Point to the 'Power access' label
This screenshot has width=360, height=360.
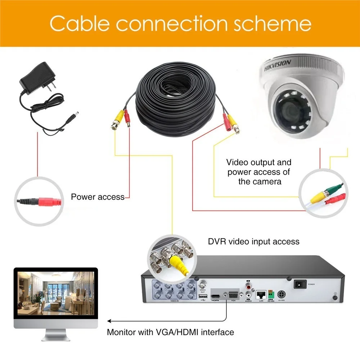coord(98,197)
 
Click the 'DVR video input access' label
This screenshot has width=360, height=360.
coord(253,241)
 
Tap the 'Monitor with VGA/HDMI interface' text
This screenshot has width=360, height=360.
coord(170,332)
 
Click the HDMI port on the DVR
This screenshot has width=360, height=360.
coord(216,294)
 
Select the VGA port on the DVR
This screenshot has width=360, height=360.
coord(233,294)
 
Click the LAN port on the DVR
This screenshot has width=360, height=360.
coord(261,294)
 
